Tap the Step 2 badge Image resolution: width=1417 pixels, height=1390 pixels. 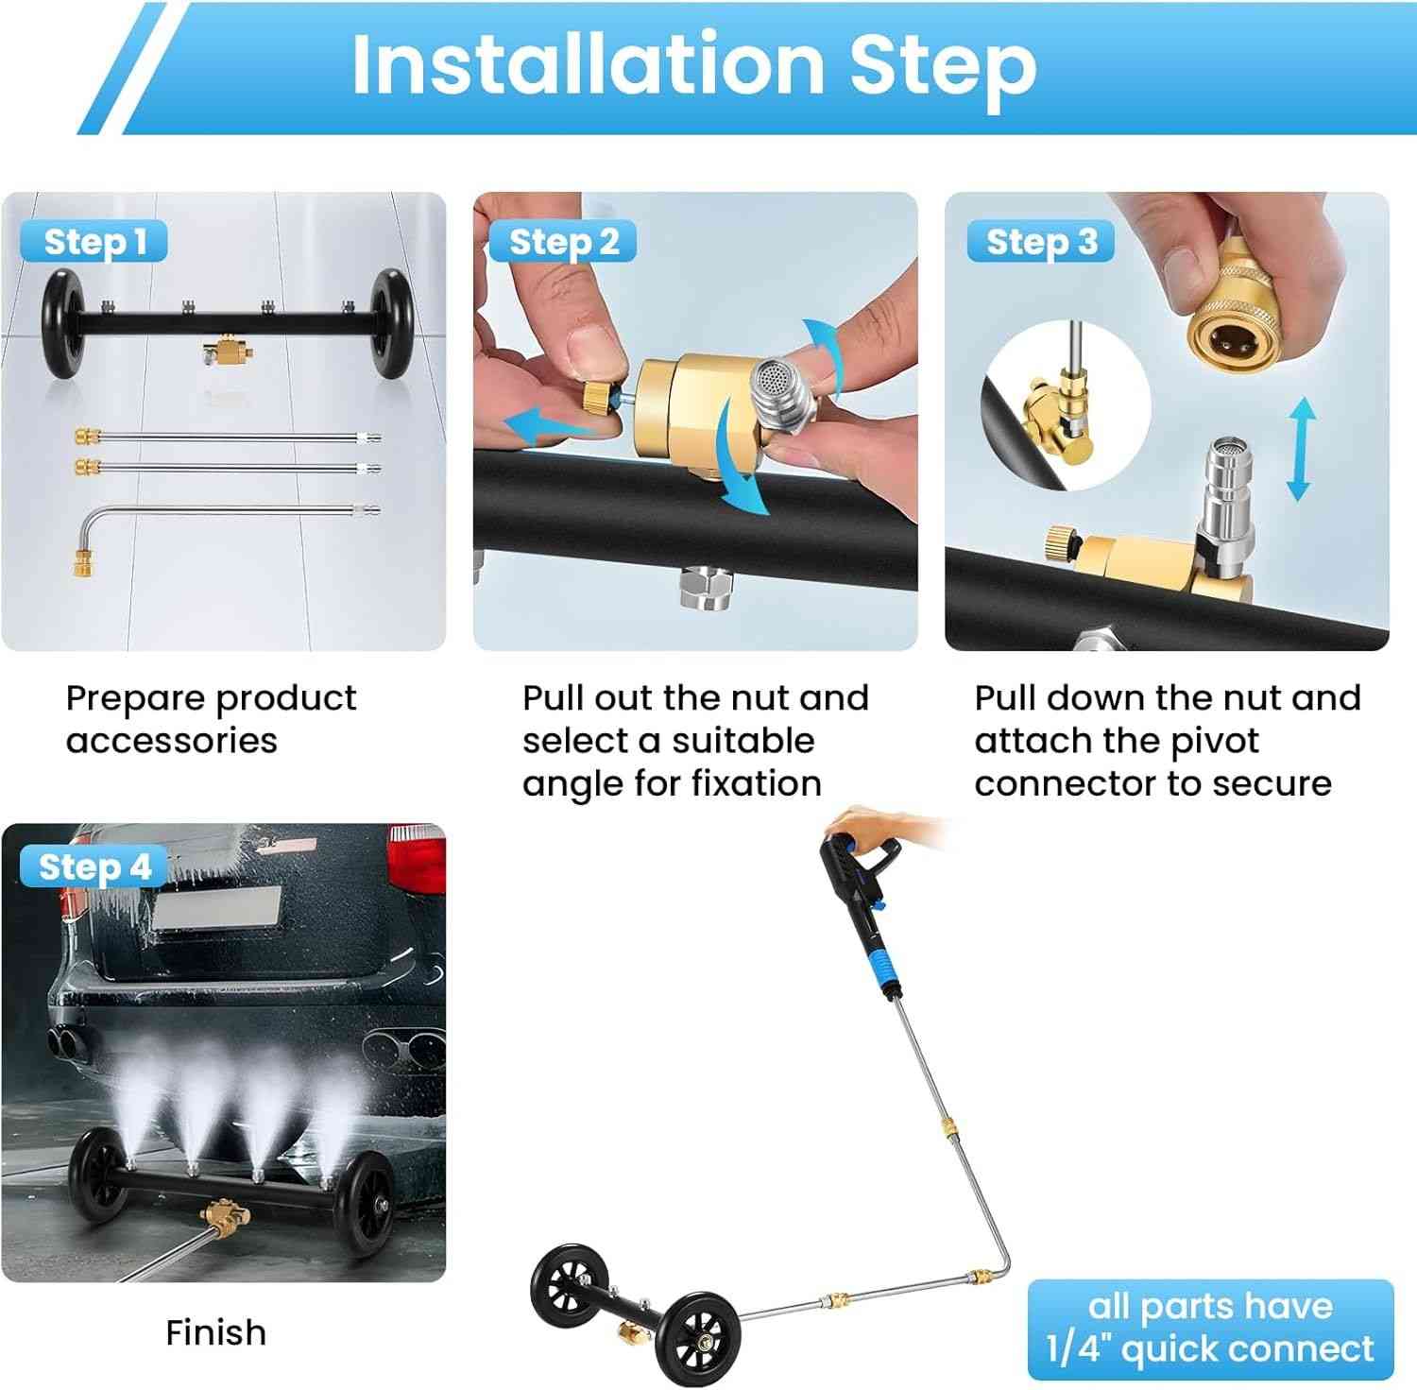coord(563,242)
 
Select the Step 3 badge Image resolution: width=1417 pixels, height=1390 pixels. coord(1040,242)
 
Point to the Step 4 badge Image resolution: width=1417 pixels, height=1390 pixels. coord(94,867)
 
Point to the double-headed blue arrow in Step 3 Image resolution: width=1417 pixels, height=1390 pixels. coord(1301,448)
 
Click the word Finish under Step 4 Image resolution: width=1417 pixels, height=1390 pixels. coord(215,1332)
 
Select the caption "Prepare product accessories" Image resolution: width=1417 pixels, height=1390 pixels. coord(211,719)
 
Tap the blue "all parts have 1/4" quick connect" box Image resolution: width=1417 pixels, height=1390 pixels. coord(1210,1330)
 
